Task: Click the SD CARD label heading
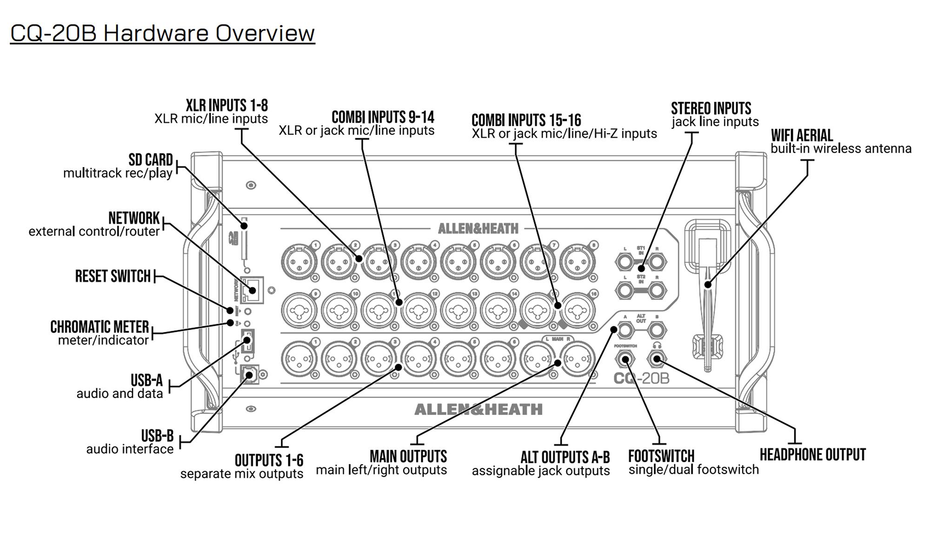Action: tap(150, 160)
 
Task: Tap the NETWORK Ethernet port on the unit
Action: tap(252, 290)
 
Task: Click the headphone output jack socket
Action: tap(657, 359)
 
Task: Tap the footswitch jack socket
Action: tap(625, 359)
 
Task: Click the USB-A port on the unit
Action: tap(247, 341)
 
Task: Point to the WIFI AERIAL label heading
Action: tap(802, 136)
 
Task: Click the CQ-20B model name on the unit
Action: tap(641, 378)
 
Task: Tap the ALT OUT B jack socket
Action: tap(657, 330)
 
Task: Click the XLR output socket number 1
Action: tap(299, 359)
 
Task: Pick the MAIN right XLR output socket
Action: tap(577, 359)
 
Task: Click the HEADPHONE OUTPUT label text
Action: tap(812, 455)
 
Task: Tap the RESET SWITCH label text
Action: tap(113, 276)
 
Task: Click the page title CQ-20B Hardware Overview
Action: tap(162, 33)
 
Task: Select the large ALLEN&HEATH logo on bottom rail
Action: tap(478, 409)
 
